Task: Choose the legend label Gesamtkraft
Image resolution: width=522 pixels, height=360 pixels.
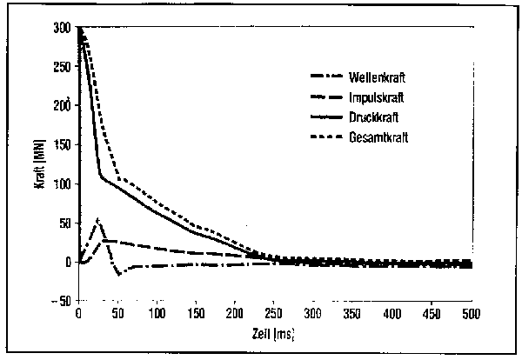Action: (378, 137)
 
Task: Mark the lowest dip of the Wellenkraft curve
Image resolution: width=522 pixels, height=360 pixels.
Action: (117, 274)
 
